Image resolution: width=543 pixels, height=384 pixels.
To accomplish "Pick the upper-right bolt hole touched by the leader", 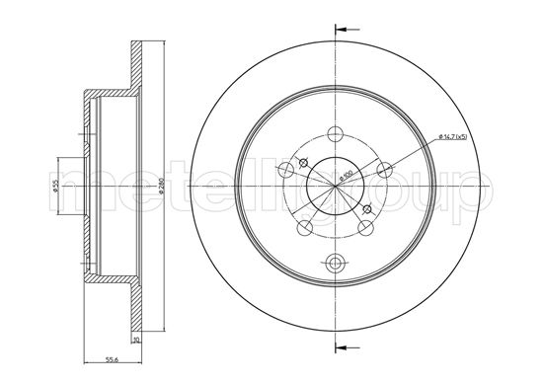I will (x=383, y=170).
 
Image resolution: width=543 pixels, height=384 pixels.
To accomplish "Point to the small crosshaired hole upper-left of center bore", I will (x=304, y=163).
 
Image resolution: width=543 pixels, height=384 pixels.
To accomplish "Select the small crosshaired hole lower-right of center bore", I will (x=367, y=208).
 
